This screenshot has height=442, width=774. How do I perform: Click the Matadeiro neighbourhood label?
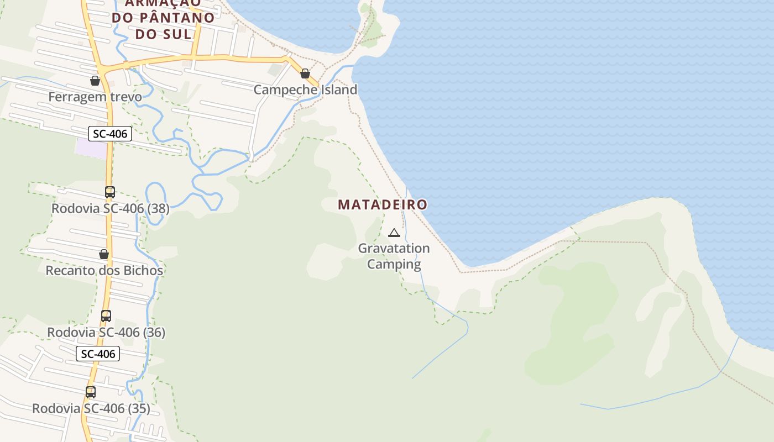[383, 204]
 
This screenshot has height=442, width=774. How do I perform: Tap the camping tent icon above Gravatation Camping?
[394, 233]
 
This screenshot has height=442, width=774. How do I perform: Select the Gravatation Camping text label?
[394, 256]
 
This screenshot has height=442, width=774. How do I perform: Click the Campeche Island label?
[305, 90]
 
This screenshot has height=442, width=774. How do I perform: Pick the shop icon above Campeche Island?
[305, 73]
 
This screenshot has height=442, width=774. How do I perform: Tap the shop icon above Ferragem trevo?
[95, 81]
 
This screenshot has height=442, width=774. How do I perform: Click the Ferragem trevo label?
[95, 97]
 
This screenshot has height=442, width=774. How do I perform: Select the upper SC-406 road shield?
[110, 134]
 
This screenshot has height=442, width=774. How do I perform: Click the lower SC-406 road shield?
[98, 354]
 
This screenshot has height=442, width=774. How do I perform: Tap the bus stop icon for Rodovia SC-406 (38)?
[110, 192]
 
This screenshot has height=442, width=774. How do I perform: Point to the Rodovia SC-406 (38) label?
[111, 209]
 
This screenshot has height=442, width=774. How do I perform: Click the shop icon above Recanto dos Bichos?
[104, 254]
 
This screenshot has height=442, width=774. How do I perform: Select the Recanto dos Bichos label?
[104, 271]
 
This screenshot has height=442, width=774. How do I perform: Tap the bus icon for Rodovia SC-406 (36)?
[106, 316]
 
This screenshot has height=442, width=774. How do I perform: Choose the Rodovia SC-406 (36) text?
[106, 333]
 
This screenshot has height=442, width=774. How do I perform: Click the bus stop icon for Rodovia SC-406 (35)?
[91, 392]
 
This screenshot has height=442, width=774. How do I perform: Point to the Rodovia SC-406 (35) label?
[91, 409]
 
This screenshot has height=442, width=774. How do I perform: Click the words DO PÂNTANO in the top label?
[163, 17]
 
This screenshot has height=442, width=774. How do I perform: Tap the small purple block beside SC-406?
[91, 148]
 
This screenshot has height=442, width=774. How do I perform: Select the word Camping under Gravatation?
[394, 264]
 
